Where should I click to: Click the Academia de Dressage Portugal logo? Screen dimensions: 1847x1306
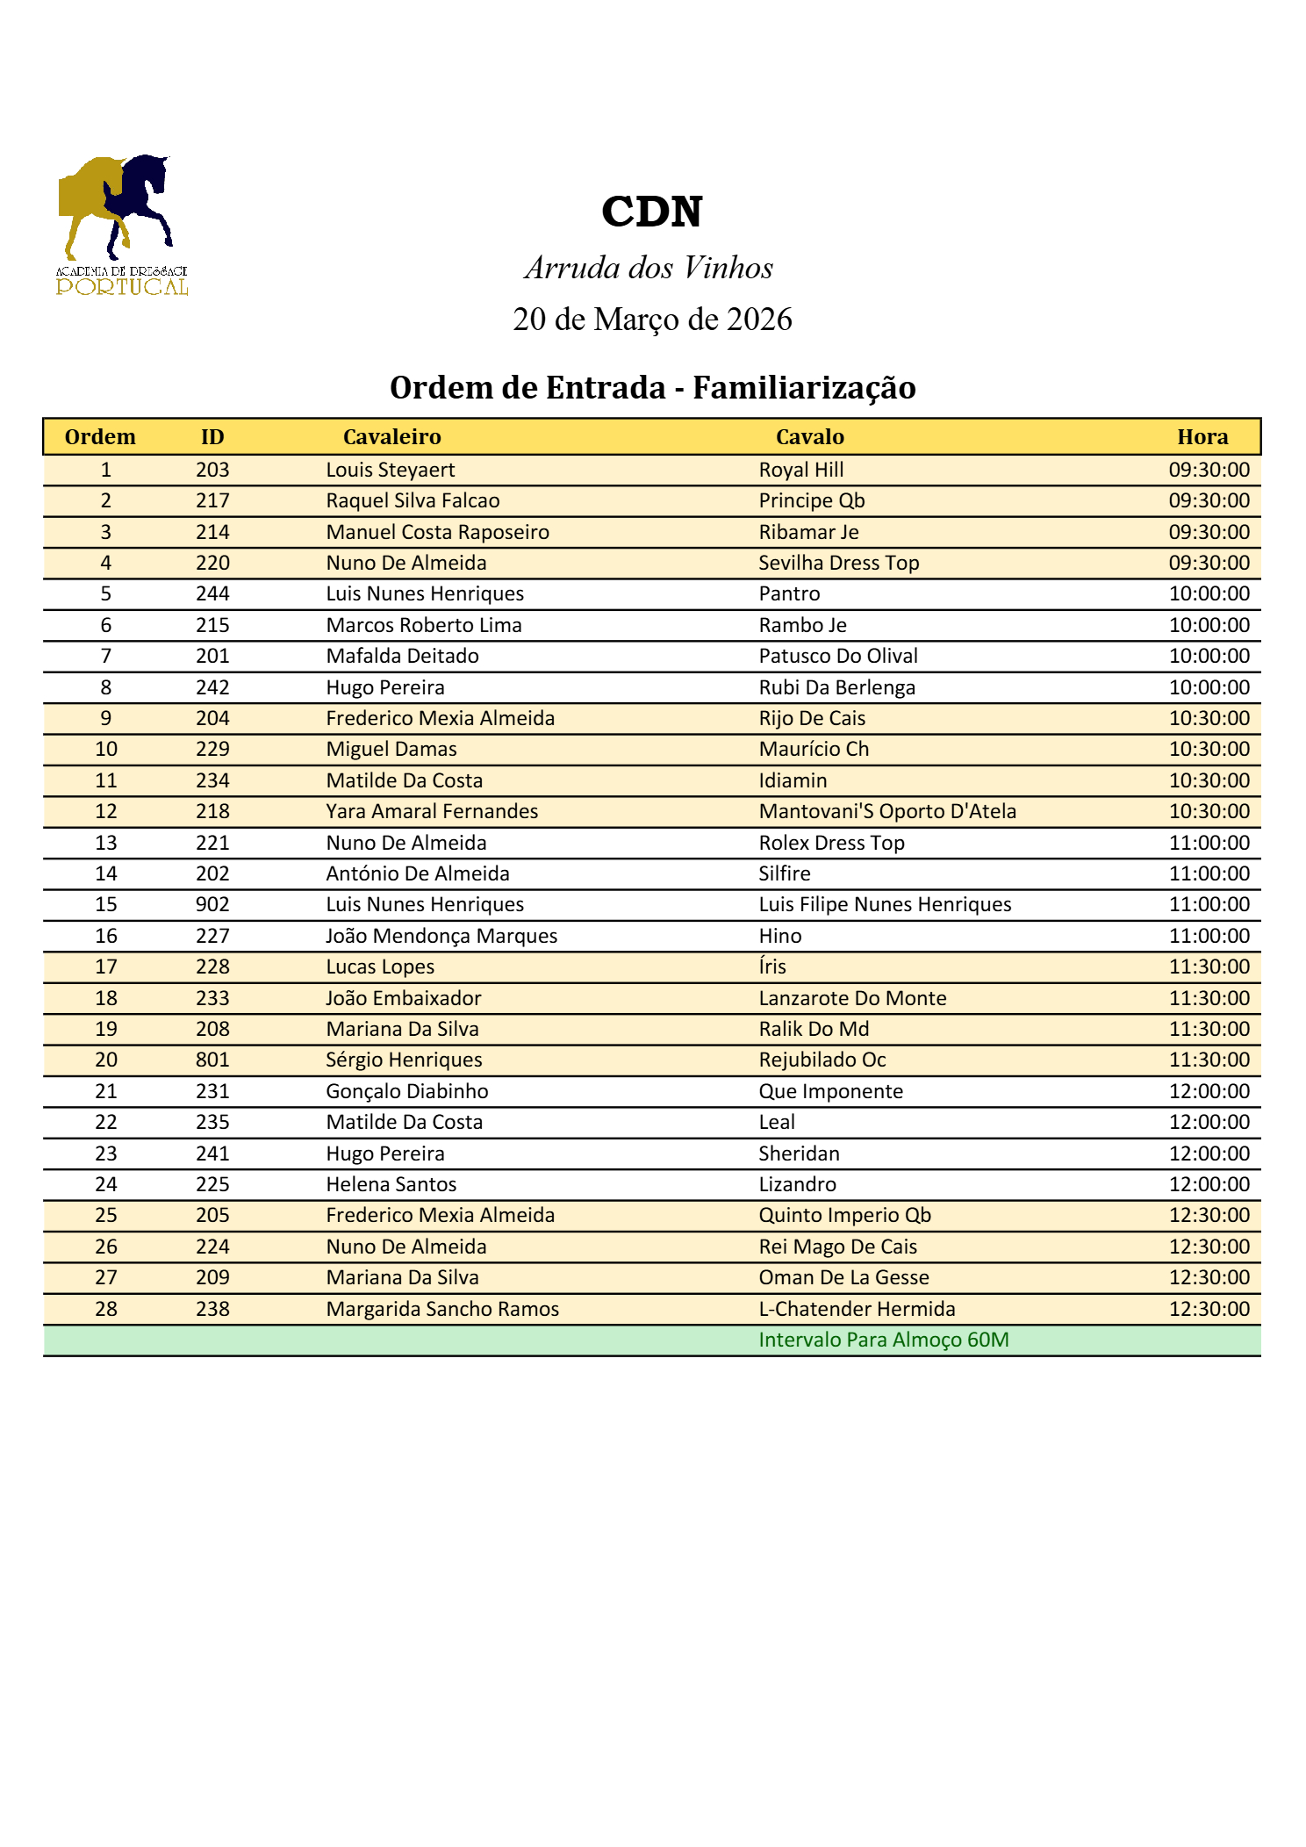click(121, 226)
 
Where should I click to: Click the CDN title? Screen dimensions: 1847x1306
click(651, 212)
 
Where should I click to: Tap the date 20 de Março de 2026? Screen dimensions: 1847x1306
click(651, 320)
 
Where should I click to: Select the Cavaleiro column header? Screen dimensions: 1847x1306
click(391, 437)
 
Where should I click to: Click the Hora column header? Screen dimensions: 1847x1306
click(1202, 437)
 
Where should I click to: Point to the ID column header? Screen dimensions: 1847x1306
click(212, 437)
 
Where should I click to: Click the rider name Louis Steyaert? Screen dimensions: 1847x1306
click(391, 470)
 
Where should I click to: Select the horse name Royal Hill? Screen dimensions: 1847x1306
click(800, 470)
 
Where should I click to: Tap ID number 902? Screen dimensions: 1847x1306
click(212, 904)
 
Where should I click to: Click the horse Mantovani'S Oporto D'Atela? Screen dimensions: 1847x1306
click(886, 811)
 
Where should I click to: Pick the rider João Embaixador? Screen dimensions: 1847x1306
click(404, 998)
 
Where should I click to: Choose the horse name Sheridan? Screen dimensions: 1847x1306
click(799, 1153)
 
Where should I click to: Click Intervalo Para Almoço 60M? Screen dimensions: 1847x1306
click(883, 1340)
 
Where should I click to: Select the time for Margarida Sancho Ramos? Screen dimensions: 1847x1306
click(1209, 1309)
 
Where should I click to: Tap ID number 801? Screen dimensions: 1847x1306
click(212, 1060)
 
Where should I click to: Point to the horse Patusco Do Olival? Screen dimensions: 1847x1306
click(837, 656)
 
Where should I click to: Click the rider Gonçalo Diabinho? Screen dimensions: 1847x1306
click(407, 1091)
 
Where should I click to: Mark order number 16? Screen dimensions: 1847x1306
click(106, 936)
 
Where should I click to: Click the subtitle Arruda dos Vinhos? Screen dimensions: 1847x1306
click(649, 268)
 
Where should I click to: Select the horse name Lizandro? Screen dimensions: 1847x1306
click(797, 1184)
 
